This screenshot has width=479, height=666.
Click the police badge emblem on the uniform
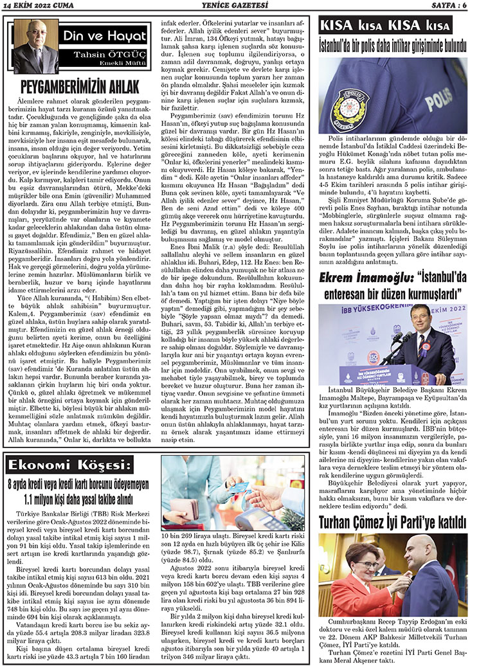tap(349, 105)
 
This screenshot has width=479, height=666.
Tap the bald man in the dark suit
tap(425, 575)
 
